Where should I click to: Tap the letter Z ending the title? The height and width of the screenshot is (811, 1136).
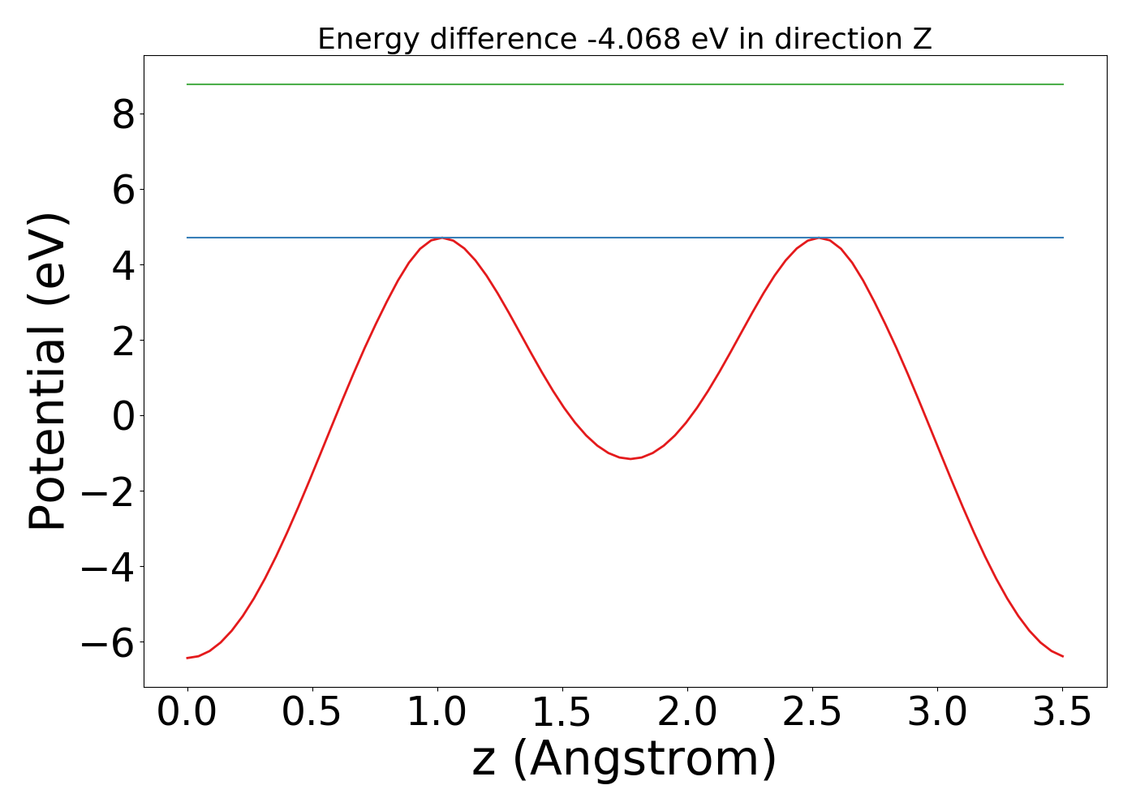click(x=921, y=39)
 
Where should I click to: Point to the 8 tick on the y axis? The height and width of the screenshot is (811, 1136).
click(x=123, y=114)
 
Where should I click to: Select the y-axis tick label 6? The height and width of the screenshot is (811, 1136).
click(x=123, y=190)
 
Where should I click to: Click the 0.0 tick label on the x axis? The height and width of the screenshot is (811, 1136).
click(x=187, y=714)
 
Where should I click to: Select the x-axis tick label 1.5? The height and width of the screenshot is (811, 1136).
click(x=562, y=714)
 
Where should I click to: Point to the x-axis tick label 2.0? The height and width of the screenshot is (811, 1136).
click(x=687, y=714)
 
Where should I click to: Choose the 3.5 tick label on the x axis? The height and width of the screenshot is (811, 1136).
click(x=1062, y=714)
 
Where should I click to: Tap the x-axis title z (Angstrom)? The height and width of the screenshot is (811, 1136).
click(x=625, y=760)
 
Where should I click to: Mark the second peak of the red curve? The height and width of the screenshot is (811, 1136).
click(x=821, y=238)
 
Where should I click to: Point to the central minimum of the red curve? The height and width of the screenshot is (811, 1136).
click(x=630, y=459)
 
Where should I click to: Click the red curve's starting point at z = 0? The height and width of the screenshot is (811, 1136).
click(x=187, y=658)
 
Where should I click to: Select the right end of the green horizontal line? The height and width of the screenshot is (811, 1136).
click(x=1062, y=84)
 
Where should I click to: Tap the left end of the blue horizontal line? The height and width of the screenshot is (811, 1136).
click(x=187, y=238)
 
